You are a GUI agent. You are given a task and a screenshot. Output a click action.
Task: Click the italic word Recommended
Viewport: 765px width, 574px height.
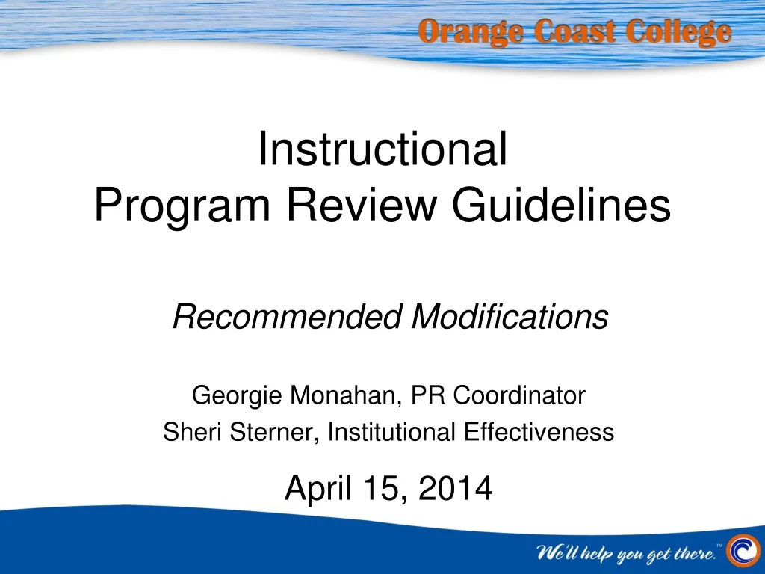click(x=288, y=318)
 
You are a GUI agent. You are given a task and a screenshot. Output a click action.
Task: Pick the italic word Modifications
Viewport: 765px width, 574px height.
click(x=510, y=318)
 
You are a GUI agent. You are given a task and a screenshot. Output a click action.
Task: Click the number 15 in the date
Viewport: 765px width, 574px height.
click(x=379, y=489)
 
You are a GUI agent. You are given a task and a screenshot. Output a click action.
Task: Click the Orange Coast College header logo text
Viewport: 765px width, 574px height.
click(x=574, y=33)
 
